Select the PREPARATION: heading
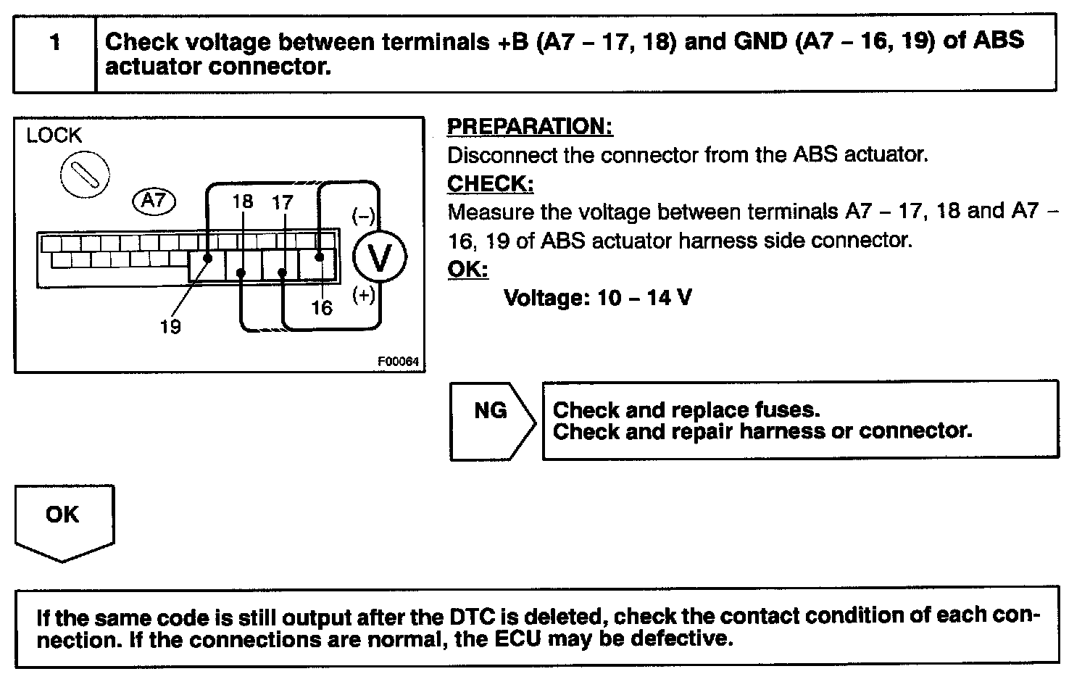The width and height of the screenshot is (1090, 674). click(530, 127)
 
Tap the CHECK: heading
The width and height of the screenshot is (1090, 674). click(490, 184)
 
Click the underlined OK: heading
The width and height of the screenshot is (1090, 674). click(467, 270)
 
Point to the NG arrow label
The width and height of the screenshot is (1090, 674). click(491, 412)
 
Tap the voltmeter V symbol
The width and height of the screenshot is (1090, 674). click(380, 257)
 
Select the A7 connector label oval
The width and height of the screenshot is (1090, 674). click(154, 200)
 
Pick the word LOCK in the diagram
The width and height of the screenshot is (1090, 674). click(54, 136)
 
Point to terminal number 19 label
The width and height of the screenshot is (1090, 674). click(170, 327)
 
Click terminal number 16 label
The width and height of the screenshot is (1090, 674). click(322, 308)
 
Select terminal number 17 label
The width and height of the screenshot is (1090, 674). click(282, 202)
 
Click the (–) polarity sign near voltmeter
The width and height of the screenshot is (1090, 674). click(363, 216)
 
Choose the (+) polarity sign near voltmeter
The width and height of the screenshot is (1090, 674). click(363, 295)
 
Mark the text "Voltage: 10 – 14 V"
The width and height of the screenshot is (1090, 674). click(597, 298)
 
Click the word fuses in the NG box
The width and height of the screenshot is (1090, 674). click(787, 410)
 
